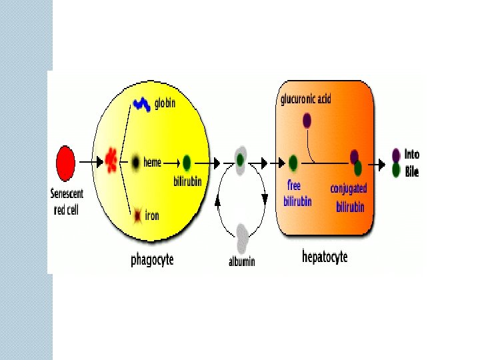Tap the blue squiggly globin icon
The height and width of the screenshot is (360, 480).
tap(141, 104)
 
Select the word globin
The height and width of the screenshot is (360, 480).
tap(165, 104)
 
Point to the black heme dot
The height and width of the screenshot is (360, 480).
tap(136, 162)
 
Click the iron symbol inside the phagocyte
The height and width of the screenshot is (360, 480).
tap(138, 215)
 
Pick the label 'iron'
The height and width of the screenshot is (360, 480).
tap(152, 215)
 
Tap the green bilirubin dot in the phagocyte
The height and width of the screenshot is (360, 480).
tap(187, 162)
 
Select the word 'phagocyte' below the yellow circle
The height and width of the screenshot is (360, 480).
tap(152, 259)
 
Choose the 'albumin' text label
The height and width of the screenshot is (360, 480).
tap(242, 262)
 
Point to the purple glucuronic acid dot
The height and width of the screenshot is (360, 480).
tap(307, 121)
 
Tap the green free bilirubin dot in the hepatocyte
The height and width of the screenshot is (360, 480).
tap(293, 162)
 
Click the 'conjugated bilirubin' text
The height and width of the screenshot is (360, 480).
tap(349, 197)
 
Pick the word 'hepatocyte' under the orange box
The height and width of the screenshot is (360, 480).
tap(325, 256)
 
